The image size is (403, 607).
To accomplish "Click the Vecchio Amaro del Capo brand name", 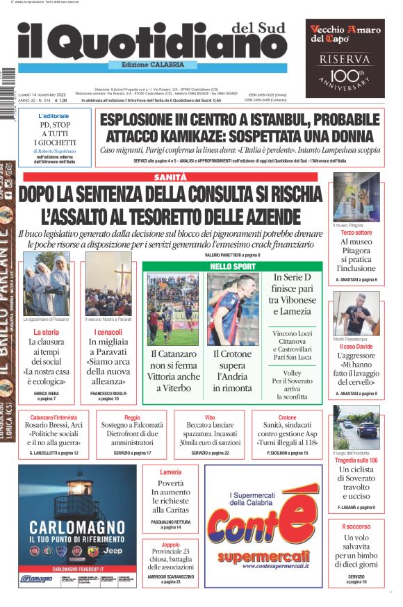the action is pos(336,33).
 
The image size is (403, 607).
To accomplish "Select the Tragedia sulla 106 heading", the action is pos(356,460).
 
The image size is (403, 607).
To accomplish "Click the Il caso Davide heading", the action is pos(356,346).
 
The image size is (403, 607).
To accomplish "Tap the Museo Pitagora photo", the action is pos(356,197).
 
